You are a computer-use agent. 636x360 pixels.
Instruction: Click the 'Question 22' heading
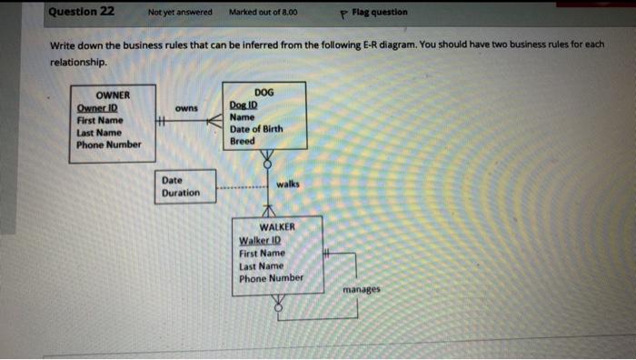click(x=82, y=12)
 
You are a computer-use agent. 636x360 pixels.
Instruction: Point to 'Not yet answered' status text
click(x=180, y=13)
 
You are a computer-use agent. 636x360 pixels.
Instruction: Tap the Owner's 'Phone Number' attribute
click(x=109, y=144)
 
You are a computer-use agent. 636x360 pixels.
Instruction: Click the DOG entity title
click(x=263, y=93)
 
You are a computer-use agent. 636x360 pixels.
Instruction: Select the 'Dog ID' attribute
click(x=244, y=105)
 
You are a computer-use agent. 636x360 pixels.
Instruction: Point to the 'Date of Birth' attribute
click(x=256, y=129)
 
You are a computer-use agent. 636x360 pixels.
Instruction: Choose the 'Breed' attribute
click(x=243, y=141)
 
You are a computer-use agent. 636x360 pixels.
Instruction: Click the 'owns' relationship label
click(x=186, y=108)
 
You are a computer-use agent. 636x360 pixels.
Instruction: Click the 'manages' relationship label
click(x=362, y=290)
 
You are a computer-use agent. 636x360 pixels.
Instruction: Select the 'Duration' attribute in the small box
click(x=181, y=193)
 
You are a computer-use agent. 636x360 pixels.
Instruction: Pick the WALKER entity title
click(x=277, y=227)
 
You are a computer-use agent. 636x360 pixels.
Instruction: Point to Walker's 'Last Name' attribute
click(x=262, y=265)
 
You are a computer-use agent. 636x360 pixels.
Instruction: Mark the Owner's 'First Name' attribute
click(x=100, y=120)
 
